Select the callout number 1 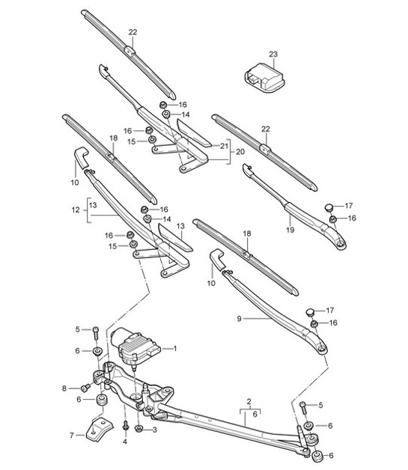(x=175, y=348)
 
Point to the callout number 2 (x=248, y=403)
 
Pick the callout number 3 (x=154, y=430)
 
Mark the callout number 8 (x=64, y=388)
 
